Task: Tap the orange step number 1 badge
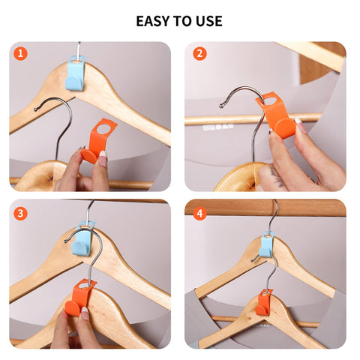pyautogui.click(x=20, y=53)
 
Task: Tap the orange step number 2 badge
pyautogui.click(x=199, y=53)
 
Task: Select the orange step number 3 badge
pyautogui.click(x=20, y=214)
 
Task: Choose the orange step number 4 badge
pyautogui.click(x=199, y=214)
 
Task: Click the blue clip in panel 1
pyautogui.click(x=75, y=73)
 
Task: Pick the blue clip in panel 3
pyautogui.click(x=82, y=239)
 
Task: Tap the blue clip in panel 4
pyautogui.click(x=266, y=244)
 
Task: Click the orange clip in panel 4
pyautogui.click(x=263, y=302)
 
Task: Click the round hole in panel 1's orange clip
pyautogui.click(x=103, y=129)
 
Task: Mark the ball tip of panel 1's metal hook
pyautogui.click(x=35, y=109)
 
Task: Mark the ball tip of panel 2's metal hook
pyautogui.click(x=221, y=106)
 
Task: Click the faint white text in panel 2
pyautogui.click(x=218, y=127)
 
